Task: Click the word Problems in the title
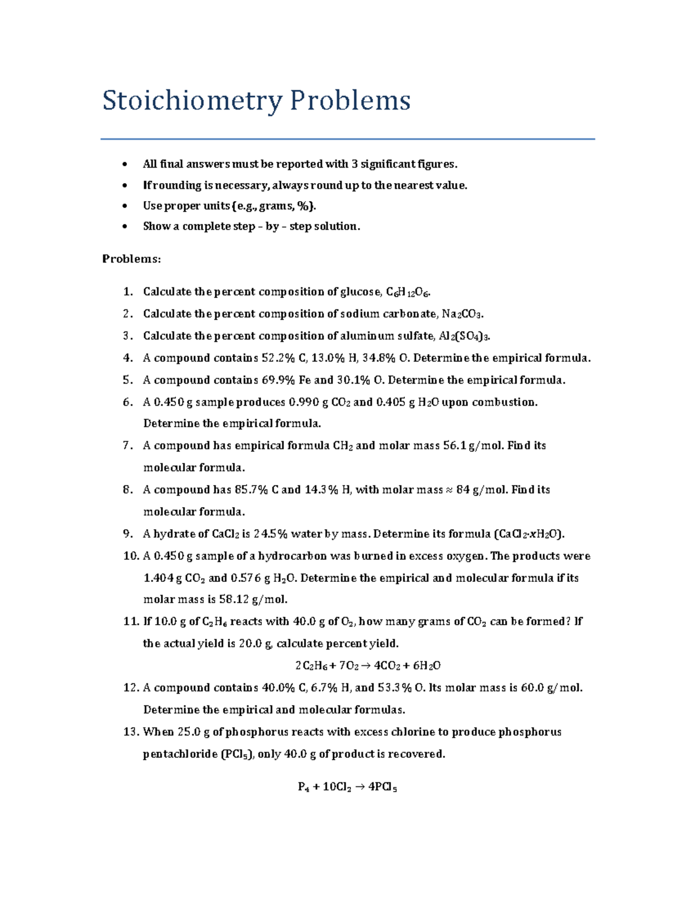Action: (350, 101)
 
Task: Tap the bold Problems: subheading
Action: (131, 259)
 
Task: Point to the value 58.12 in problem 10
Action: (233, 599)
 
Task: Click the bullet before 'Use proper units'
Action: (125, 206)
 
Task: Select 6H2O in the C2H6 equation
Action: (427, 666)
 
